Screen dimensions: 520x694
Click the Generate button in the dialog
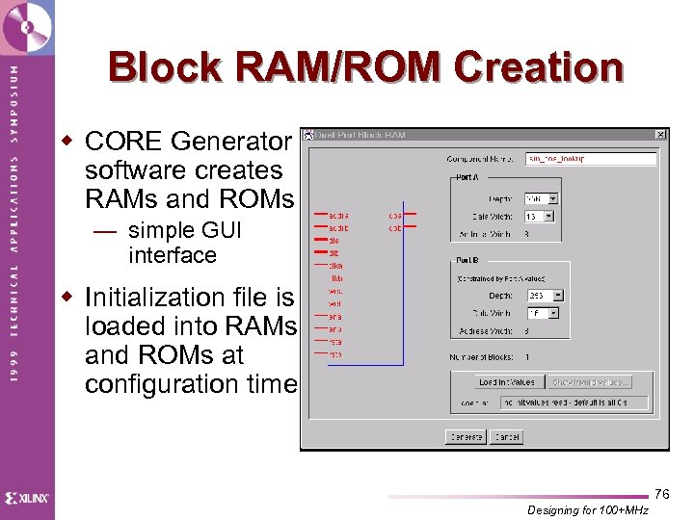[467, 436]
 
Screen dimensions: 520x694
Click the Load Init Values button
[507, 382]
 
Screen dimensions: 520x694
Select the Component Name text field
[591, 159]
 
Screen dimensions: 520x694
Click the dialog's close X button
[660, 135]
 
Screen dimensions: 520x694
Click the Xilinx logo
[27, 498]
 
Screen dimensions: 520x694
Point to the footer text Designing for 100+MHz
[589, 510]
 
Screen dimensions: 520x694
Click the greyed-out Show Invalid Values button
[592, 382]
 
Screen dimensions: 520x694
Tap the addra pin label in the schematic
[337, 216]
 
